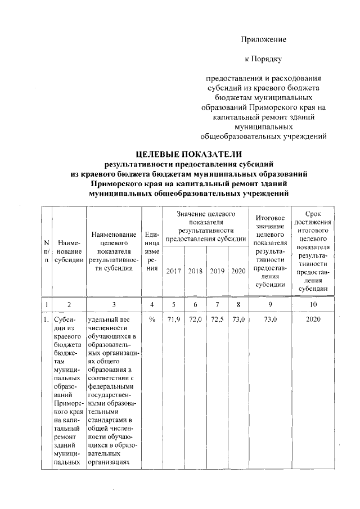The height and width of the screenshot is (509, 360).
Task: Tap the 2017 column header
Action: click(174, 271)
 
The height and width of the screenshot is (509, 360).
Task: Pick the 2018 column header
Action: click(195, 271)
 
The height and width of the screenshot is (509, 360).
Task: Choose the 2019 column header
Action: click(217, 271)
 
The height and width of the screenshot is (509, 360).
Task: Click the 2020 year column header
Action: click(238, 271)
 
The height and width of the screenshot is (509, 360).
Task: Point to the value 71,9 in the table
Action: click(174, 319)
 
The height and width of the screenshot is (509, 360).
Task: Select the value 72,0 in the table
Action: click(195, 319)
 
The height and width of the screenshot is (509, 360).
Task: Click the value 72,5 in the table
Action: click(217, 319)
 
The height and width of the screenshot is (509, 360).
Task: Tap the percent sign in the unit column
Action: click(152, 319)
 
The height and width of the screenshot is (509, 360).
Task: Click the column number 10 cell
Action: click(313, 304)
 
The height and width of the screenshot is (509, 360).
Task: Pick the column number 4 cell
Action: click(152, 304)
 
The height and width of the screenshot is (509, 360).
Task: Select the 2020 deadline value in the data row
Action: click(313, 319)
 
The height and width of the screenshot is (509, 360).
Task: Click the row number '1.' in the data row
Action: click(46, 319)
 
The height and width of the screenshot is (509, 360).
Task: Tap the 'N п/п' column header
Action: click(46, 251)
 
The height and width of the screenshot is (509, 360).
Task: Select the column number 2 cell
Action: click(68, 304)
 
